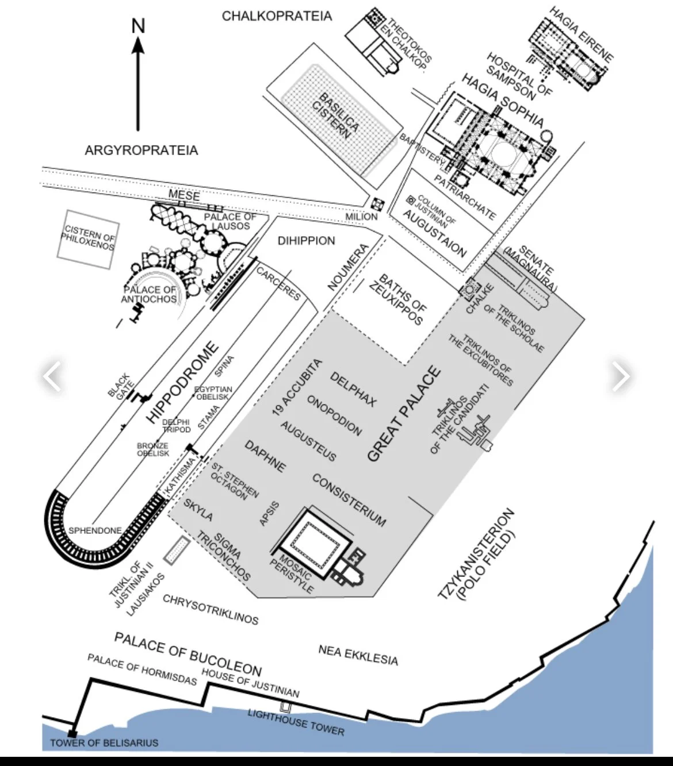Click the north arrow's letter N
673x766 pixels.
[138, 26]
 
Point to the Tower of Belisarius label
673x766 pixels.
[104, 743]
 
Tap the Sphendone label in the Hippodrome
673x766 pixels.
[95, 530]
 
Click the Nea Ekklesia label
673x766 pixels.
[358, 654]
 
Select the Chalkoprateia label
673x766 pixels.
[277, 16]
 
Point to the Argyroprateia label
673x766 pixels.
[141, 151]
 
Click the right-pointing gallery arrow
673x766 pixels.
[621, 376]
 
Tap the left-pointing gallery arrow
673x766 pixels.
[52, 376]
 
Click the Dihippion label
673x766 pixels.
[306, 241]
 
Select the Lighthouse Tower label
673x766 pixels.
[296, 722]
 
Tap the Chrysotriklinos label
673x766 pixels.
[211, 609]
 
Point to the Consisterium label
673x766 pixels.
[349, 499]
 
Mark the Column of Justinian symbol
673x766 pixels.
[410, 201]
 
